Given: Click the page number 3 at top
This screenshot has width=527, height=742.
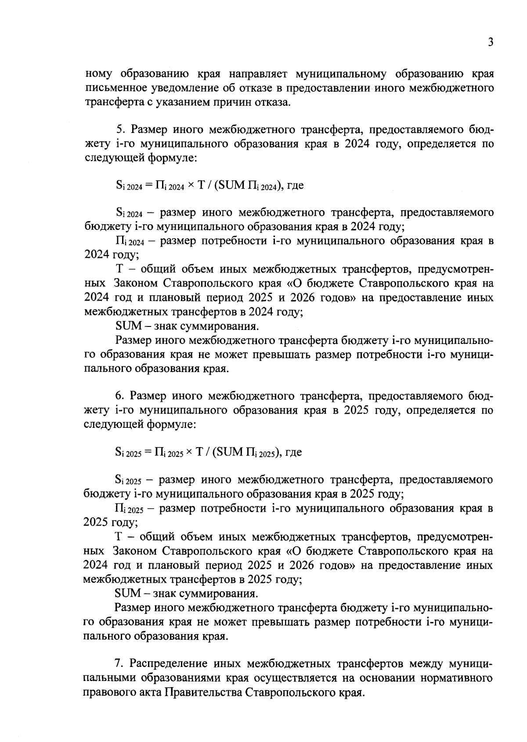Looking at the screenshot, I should point(491,43).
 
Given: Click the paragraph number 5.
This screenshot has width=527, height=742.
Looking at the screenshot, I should point(119,129).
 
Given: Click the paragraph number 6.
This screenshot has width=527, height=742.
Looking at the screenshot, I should point(119,396).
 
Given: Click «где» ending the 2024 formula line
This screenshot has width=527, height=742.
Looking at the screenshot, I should point(295,186).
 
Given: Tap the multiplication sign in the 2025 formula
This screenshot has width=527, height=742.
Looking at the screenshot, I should point(190,452).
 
